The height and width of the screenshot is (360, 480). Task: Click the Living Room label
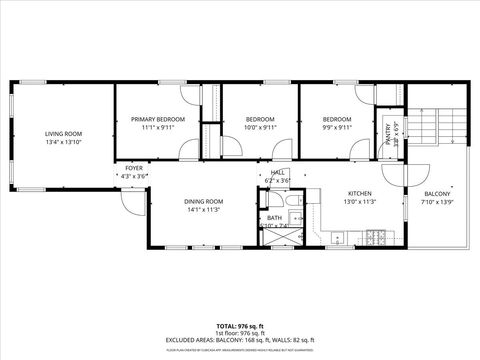coord(62,133)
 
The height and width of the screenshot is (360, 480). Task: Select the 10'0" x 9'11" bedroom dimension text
coord(260,128)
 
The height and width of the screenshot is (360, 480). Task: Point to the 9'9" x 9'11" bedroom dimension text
coord(337,128)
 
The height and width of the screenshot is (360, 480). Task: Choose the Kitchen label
coord(360,193)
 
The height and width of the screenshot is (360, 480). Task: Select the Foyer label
coord(134,168)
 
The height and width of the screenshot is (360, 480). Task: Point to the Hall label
coord(278,172)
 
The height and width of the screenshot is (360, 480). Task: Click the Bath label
coord(274,217)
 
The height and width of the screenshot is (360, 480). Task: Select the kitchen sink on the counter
coord(338,237)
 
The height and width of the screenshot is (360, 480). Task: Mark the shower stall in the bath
coord(279,238)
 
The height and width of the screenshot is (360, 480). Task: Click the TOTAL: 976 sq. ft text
coord(240,326)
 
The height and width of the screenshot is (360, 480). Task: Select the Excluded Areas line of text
coord(240,340)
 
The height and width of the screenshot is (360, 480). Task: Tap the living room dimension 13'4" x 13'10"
coord(62,142)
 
